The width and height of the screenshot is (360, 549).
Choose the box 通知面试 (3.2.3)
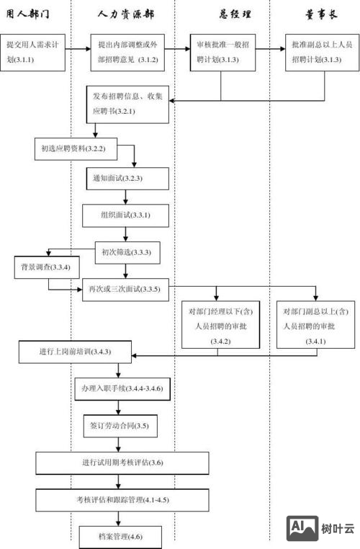click(x=126, y=178)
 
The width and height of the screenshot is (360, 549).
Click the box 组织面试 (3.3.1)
click(x=126, y=215)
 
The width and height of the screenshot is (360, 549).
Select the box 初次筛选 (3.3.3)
click(x=126, y=252)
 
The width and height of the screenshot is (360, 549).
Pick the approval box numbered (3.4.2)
click(x=220, y=326)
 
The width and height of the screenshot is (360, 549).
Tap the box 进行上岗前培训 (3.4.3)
click(x=74, y=353)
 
